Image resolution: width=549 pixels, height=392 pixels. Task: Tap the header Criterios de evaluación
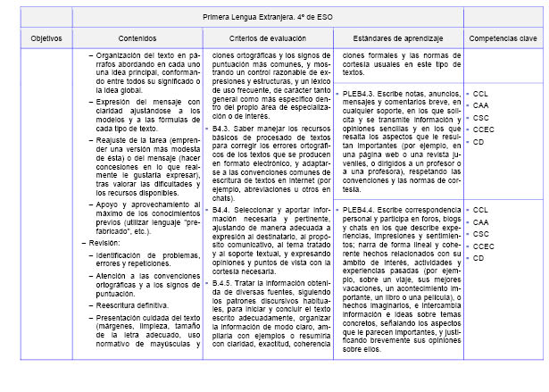[268, 39]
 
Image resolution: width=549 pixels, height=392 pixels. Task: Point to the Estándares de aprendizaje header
[398, 39]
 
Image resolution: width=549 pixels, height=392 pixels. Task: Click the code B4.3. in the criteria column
[224, 128]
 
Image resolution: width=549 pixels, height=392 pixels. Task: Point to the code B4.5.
[224, 282]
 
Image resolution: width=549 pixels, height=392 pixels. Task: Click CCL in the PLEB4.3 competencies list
[480, 93]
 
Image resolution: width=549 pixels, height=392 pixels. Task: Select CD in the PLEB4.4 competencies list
[478, 258]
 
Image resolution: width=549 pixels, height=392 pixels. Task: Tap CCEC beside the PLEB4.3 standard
[483, 129]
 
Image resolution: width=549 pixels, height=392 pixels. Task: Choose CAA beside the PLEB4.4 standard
[480, 221]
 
